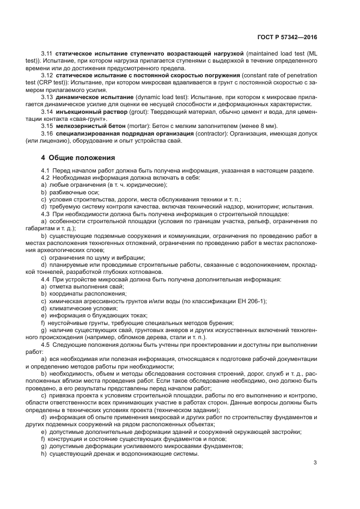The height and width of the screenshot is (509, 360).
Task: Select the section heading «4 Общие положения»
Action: tap(78, 158)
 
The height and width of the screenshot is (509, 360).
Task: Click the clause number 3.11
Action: tap(46, 53)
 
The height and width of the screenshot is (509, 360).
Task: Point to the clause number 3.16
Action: tap(46, 134)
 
